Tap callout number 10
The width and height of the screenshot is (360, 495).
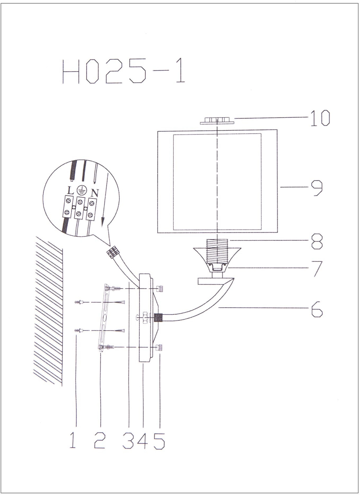point(320,118)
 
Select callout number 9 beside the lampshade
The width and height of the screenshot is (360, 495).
point(317,188)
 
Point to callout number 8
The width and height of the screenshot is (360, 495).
point(317,241)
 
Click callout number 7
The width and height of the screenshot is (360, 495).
point(318,269)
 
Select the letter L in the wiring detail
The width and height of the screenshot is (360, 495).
point(70,190)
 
